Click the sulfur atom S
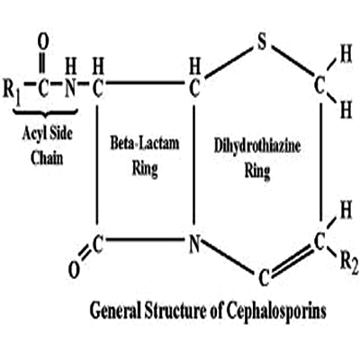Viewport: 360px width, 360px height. (262, 42)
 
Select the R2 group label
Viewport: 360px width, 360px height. (350, 264)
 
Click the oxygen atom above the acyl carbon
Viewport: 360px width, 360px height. (43, 43)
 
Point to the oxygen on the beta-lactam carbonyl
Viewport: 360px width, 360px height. (74, 270)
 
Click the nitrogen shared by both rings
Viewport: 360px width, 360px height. (194, 244)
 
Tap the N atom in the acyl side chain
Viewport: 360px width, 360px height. (70, 90)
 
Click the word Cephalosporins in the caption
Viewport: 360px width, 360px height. (276, 310)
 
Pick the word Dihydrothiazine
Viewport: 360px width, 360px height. (257, 147)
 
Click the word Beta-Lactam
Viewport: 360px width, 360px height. (145, 143)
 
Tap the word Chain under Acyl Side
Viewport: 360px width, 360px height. (47, 157)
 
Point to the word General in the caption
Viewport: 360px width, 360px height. (115, 310)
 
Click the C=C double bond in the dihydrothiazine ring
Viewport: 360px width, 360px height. (292, 259)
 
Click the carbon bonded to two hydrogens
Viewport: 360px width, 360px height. (319, 85)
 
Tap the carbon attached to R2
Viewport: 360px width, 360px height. (319, 242)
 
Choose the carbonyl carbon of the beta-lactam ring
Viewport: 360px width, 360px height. (97, 243)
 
